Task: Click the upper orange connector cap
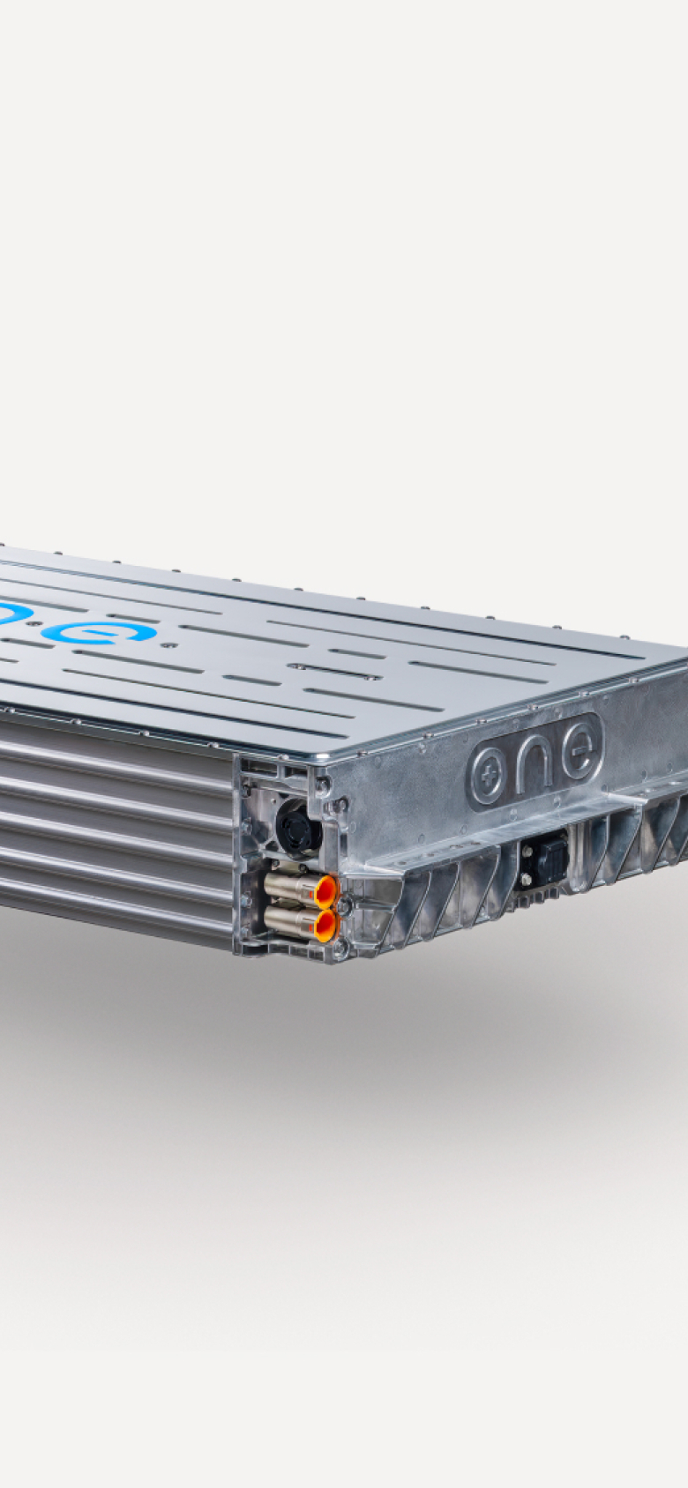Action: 325,891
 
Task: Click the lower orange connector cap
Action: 325,925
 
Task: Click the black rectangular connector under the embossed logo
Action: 542,862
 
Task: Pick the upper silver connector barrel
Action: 290,887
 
